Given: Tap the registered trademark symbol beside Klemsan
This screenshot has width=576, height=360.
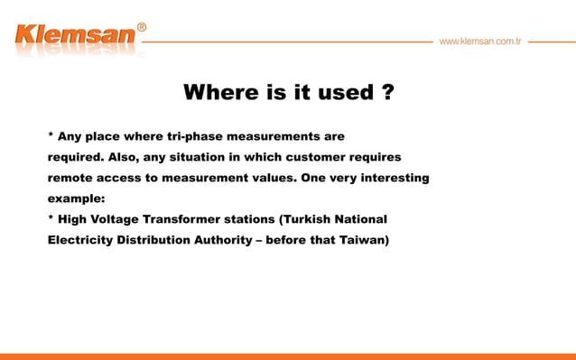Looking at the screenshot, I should click(x=142, y=28).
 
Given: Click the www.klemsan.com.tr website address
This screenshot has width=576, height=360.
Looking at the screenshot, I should click(x=479, y=42).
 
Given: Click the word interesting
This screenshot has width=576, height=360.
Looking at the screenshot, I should click(x=395, y=178).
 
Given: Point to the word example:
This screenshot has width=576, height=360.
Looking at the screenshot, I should click(x=77, y=198).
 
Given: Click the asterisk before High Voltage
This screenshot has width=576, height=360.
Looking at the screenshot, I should click(x=51, y=218).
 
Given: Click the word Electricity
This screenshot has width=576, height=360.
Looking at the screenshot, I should click(x=80, y=240).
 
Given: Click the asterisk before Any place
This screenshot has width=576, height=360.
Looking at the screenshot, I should click(x=51, y=136).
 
